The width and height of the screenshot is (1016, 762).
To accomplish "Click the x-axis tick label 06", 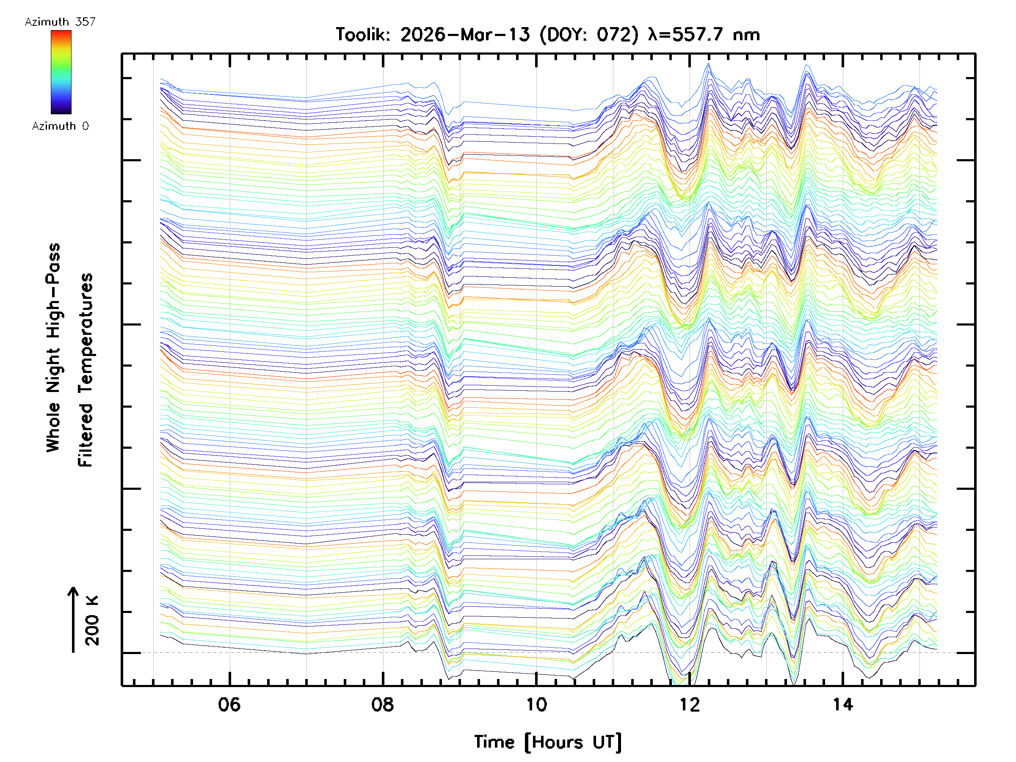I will pyautogui.click(x=229, y=704).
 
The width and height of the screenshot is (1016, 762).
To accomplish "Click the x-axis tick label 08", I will pyautogui.click(x=383, y=704).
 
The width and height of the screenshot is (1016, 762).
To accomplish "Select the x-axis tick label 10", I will pyautogui.click(x=536, y=704).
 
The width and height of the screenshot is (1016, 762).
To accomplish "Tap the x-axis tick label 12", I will pyautogui.click(x=690, y=704).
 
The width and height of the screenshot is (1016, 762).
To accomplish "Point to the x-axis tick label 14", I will pyautogui.click(x=843, y=704).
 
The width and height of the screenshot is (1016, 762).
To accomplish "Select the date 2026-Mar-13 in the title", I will pyautogui.click(x=465, y=35).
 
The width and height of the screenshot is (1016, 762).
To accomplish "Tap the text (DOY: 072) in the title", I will pyautogui.click(x=589, y=35).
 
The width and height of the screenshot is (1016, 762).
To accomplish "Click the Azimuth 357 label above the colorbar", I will pyautogui.click(x=60, y=22).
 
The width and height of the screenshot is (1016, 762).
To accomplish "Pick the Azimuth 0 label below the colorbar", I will pyautogui.click(x=60, y=126).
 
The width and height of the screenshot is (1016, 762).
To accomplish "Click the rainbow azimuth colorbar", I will pyautogui.click(x=61, y=72).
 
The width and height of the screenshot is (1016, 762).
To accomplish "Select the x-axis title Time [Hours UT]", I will pyautogui.click(x=547, y=742).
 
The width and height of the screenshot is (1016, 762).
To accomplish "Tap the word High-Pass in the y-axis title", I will pyautogui.click(x=54, y=290).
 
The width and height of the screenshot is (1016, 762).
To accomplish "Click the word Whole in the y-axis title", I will pyautogui.click(x=54, y=427).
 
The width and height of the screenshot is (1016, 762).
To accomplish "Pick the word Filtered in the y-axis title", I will pyautogui.click(x=86, y=435).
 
